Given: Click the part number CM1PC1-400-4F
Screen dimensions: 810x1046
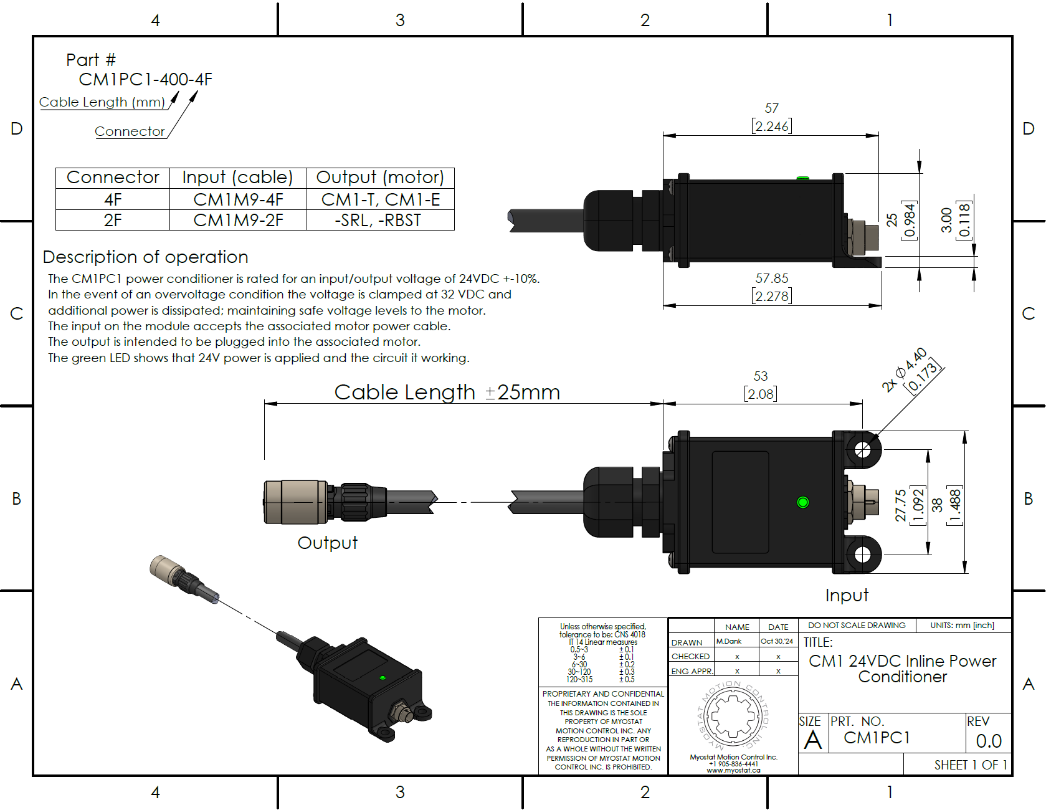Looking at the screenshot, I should [x=145, y=80].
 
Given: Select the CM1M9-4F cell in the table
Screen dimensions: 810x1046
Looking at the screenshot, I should [x=238, y=199].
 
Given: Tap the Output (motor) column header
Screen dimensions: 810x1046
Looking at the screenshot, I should [x=380, y=178].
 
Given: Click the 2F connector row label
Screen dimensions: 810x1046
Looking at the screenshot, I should [x=113, y=220].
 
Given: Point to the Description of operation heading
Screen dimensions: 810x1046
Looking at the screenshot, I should [x=145, y=257].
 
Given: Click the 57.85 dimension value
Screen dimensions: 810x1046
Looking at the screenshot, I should [x=772, y=279].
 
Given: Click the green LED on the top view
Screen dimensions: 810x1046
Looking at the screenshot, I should [x=802, y=502].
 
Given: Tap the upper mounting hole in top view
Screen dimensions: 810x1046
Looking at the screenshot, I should [x=862, y=449].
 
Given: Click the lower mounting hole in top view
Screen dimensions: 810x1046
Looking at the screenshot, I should [x=862, y=555].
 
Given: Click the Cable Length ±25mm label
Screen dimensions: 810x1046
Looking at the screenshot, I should [x=447, y=392].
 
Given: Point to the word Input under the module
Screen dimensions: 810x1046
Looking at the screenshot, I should [x=847, y=595].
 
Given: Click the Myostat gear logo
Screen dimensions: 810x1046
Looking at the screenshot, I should [x=733, y=717].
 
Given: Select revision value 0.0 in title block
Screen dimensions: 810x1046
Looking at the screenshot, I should [x=988, y=741].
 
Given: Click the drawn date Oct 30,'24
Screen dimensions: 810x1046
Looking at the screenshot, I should [x=777, y=641].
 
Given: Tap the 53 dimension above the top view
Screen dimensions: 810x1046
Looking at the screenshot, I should [x=761, y=376].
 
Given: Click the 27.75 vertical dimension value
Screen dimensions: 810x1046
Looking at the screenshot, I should [x=900, y=505].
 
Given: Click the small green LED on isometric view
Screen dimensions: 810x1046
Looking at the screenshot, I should [x=383, y=677].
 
